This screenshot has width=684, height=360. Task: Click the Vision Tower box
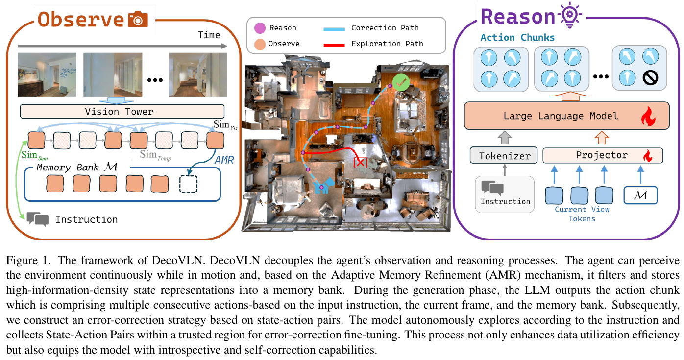[x=122, y=112]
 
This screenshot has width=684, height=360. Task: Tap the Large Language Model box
[x=567, y=116]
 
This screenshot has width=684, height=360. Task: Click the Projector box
[x=603, y=155]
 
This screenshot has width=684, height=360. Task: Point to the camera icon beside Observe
[x=138, y=20]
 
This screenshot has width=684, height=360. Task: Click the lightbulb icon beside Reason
[x=570, y=15]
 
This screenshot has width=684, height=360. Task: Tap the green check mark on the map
[x=401, y=82]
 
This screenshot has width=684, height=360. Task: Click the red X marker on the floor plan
[x=360, y=163]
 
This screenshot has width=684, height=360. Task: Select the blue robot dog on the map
[x=324, y=186]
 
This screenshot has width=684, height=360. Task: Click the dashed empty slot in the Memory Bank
[x=188, y=184]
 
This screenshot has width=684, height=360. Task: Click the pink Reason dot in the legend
[x=260, y=28]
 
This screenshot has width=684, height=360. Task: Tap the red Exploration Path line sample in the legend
[x=334, y=45]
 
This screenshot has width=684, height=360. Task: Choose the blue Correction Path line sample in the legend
[x=334, y=29]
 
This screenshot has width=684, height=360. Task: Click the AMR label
[x=224, y=160]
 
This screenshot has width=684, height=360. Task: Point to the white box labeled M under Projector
[x=640, y=195]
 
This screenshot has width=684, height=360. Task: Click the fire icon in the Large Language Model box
[x=648, y=116]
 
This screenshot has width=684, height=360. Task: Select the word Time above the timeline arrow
[x=209, y=35]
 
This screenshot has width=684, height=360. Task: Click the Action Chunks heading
[x=517, y=37]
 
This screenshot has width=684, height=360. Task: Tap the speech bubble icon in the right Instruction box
[x=492, y=188]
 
